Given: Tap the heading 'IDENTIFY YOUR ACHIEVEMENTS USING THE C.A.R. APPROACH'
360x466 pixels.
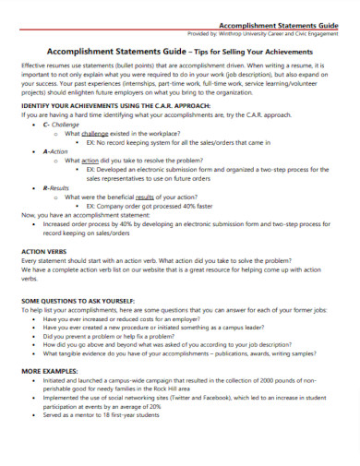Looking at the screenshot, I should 123,107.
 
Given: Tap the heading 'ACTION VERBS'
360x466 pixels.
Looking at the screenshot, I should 45,250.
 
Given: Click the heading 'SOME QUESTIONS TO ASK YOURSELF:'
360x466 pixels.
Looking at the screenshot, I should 78,302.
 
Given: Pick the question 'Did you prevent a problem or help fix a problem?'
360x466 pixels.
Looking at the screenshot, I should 112,337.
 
